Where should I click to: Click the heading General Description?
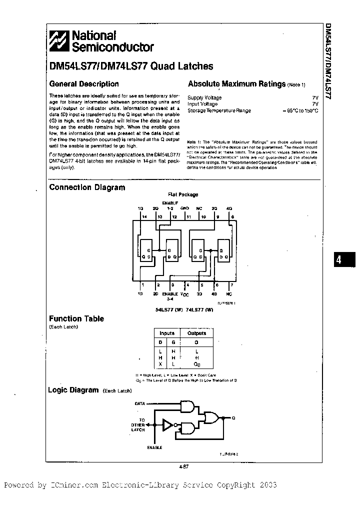[x=83, y=84]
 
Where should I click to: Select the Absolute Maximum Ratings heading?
[x=236, y=84]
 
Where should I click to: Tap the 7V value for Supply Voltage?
[x=315, y=98]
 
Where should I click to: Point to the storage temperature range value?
[x=300, y=110]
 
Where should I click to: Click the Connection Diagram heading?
[x=87, y=187]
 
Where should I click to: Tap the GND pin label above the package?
[x=185, y=207]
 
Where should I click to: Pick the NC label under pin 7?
[x=230, y=294]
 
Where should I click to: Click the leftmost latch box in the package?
[x=146, y=252]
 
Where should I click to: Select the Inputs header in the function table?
[x=167, y=333]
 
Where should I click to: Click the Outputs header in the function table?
[x=196, y=333]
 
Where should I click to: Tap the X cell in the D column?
[x=160, y=363]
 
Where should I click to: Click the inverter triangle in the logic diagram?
[x=167, y=425]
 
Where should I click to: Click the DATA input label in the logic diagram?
[x=140, y=403]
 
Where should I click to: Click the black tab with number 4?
[x=339, y=260]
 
